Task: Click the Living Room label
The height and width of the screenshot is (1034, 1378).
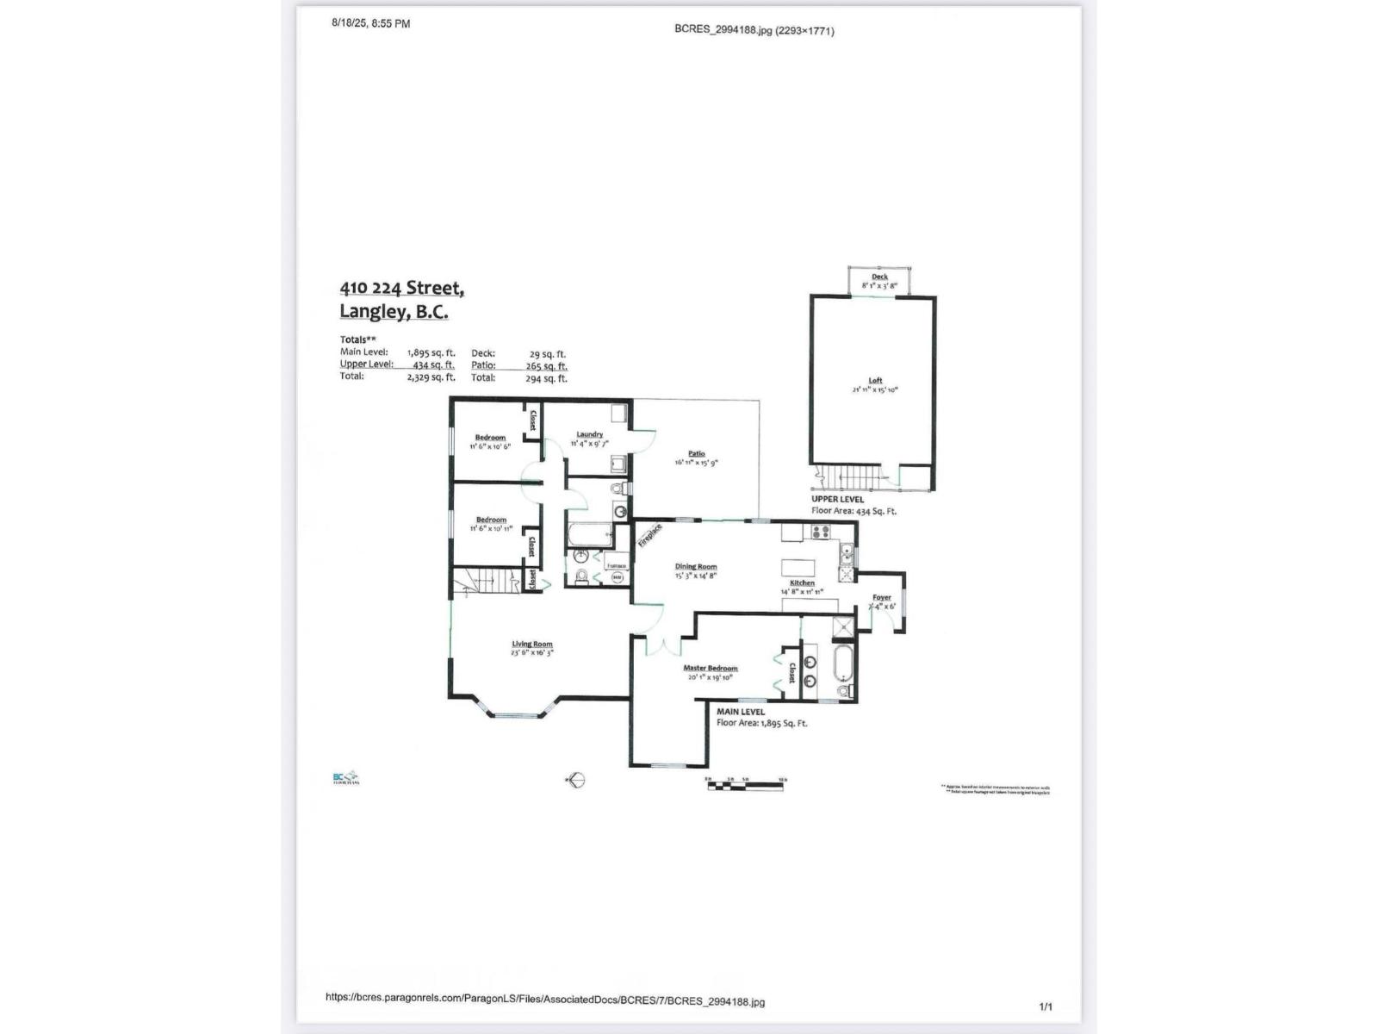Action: (x=532, y=644)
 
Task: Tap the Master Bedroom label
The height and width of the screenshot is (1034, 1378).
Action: (x=711, y=668)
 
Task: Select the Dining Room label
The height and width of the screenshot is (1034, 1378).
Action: (x=695, y=567)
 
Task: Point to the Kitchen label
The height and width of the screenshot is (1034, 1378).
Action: (x=802, y=582)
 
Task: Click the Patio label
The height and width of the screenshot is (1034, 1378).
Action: (x=696, y=453)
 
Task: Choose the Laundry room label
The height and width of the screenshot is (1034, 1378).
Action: (x=589, y=434)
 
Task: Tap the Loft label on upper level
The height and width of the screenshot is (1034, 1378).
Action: (x=875, y=380)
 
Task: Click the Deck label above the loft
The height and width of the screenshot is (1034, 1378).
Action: (x=879, y=277)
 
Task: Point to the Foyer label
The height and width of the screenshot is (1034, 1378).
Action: (x=881, y=597)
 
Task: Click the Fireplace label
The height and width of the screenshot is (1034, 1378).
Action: (x=649, y=535)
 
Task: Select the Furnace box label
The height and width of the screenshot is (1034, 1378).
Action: (x=616, y=566)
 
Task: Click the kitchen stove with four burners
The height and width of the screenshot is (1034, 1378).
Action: (x=819, y=532)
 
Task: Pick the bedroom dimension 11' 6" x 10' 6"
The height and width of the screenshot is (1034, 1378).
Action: (x=490, y=446)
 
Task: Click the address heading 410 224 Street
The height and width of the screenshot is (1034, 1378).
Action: (x=401, y=288)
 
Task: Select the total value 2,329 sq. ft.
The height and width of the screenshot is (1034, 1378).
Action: (x=431, y=377)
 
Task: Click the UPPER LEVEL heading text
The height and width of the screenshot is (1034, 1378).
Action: (x=837, y=499)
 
